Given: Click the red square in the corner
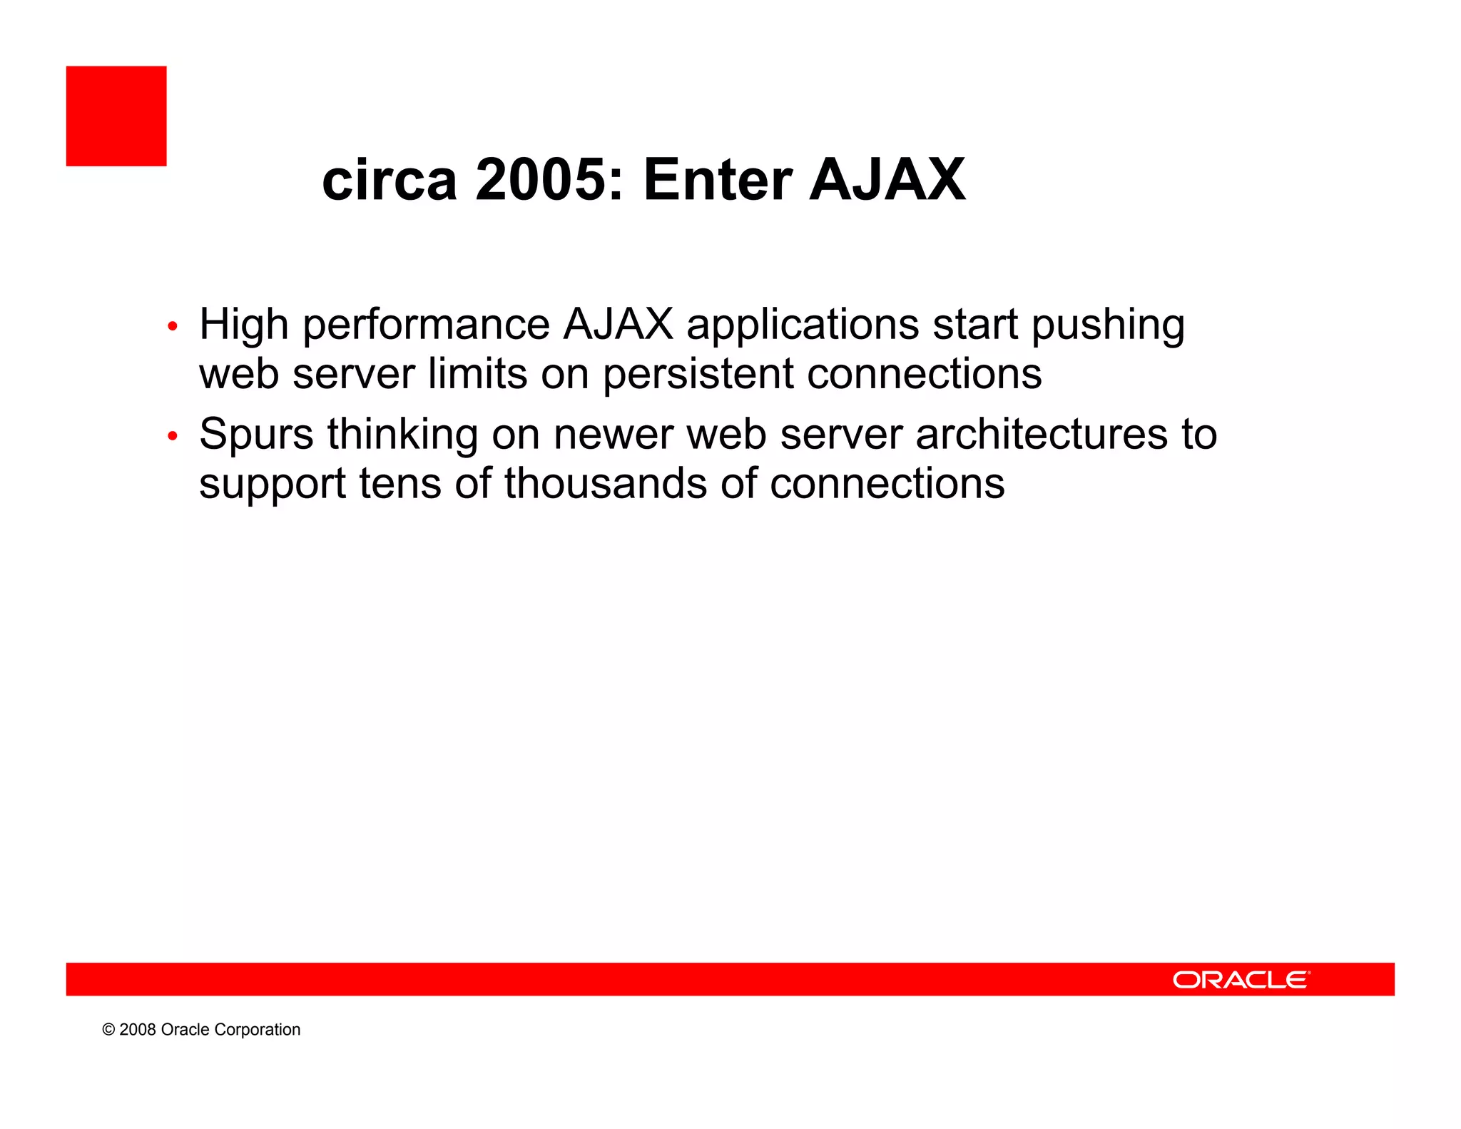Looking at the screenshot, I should click(x=116, y=116).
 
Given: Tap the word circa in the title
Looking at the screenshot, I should click(x=390, y=180).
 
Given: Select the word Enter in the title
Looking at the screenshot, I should click(x=718, y=180).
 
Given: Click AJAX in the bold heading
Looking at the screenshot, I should click(x=887, y=180).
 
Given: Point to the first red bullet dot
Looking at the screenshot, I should click(x=172, y=327).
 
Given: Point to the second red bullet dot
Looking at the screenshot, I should click(x=172, y=435).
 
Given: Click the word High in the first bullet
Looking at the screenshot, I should click(x=243, y=325).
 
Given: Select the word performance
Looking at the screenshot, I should click(x=426, y=325).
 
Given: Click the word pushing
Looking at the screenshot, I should click(x=1108, y=325).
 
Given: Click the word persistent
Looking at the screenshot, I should click(x=698, y=374).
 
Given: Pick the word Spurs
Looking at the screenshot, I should click(x=256, y=435).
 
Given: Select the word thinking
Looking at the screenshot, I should click(x=402, y=435).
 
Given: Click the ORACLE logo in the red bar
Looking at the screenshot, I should click(x=1241, y=980).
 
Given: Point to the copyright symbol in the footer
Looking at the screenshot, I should click(x=108, y=1030).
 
